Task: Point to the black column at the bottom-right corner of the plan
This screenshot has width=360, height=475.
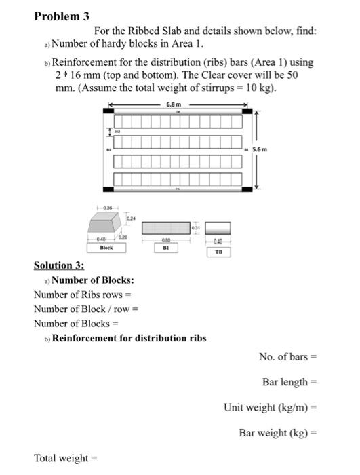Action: point(248,188)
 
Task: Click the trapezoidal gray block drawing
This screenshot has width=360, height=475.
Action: point(105,225)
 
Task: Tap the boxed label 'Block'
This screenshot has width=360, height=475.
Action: point(106,248)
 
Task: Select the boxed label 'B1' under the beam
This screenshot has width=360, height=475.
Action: point(166,248)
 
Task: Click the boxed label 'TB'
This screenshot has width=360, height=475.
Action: point(218,252)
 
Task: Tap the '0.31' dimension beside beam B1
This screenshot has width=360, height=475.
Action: point(196,227)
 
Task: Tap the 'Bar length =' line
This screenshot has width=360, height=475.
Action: point(289,382)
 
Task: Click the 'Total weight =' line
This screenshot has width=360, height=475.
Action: point(65,459)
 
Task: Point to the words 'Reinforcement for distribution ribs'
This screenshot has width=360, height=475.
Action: point(129,337)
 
